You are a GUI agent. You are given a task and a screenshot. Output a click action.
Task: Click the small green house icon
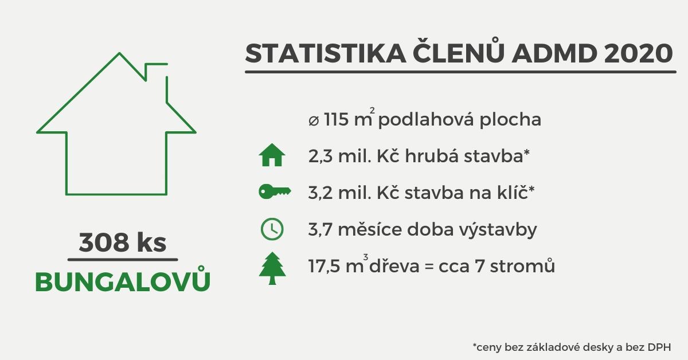point(272,155)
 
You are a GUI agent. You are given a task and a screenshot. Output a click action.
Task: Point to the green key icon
point(275,192)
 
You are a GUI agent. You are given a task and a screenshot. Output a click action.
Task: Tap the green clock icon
point(272,229)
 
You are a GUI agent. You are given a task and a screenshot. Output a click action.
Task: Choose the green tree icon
point(272,268)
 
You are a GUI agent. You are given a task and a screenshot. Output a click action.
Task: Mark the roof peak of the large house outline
point(119,54)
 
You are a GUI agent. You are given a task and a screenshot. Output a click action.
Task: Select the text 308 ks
point(123,242)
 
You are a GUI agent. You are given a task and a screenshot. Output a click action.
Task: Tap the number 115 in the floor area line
point(338,120)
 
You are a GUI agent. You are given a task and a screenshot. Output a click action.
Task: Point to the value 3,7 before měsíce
point(320,230)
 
